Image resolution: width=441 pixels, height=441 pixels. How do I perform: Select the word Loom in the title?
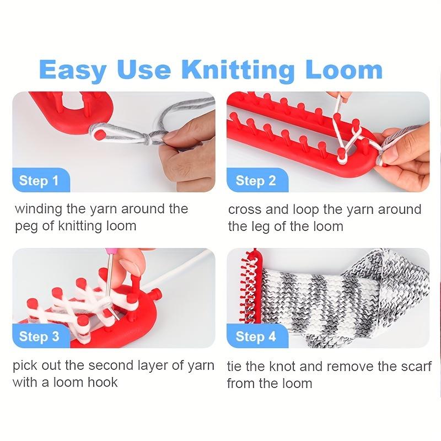[342, 71]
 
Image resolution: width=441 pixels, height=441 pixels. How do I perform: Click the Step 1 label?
[39, 181]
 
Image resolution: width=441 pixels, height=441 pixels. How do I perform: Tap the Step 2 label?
[255, 181]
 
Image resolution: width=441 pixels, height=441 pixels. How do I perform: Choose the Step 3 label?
[39, 336]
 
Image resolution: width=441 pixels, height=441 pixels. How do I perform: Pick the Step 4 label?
[255, 336]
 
